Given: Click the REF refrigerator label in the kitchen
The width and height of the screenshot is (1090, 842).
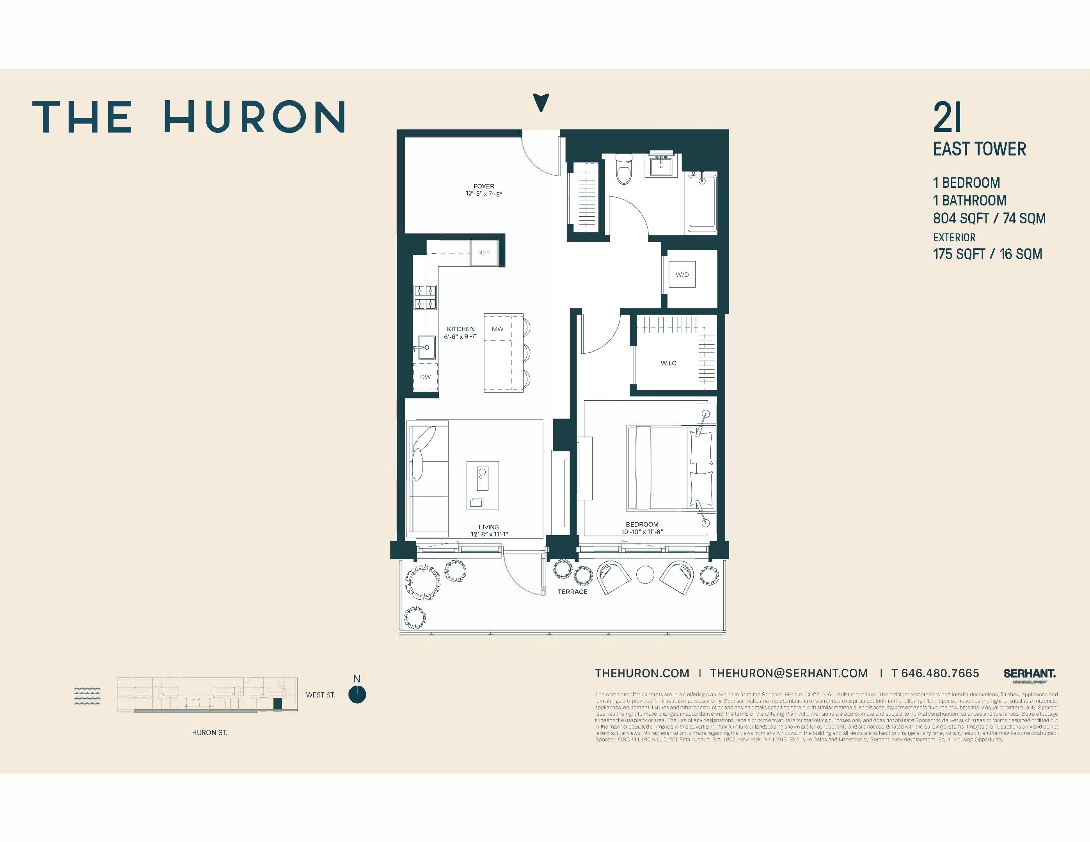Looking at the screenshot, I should (x=484, y=253).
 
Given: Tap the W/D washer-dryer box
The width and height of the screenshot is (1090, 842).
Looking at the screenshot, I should (x=682, y=275).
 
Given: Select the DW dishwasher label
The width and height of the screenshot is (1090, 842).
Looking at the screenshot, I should (x=425, y=377).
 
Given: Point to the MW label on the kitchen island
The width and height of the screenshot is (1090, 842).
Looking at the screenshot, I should (x=497, y=329).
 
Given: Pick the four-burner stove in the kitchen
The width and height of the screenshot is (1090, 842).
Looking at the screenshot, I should (x=425, y=297).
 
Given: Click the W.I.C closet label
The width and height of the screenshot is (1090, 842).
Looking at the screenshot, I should (x=668, y=363).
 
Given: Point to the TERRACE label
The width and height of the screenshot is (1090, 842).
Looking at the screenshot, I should (x=572, y=592).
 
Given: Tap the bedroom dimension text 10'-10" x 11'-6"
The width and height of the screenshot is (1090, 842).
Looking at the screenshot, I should (x=642, y=532).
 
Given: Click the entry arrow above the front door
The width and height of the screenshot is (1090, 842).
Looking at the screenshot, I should (x=541, y=102).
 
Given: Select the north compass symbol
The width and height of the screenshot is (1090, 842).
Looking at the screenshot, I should (x=357, y=694).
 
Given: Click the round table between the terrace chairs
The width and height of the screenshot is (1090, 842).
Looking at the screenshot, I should (x=645, y=575).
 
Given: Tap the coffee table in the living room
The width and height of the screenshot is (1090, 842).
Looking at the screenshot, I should (x=483, y=485).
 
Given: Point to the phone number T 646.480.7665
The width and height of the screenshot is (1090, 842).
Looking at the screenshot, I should (x=935, y=673).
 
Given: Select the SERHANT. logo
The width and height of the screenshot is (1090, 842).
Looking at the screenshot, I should (x=1029, y=674).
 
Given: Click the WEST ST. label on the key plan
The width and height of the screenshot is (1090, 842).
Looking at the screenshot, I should (x=320, y=695).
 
